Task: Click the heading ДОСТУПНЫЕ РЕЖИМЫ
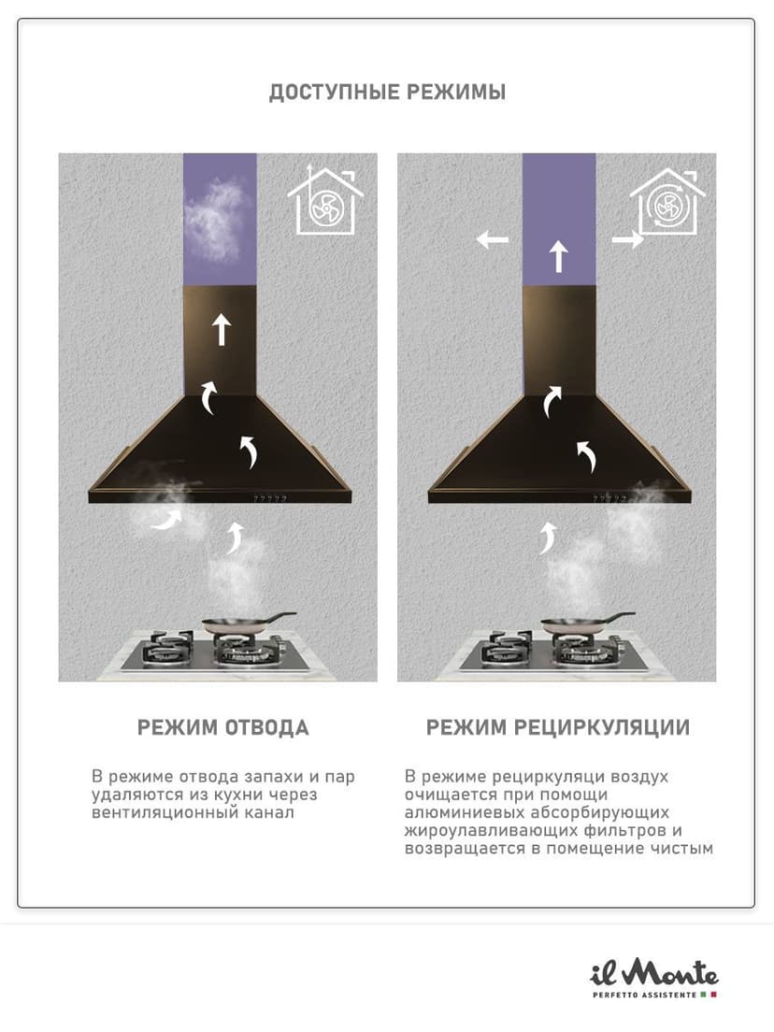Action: [387, 92]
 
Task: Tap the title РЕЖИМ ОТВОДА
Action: [223, 727]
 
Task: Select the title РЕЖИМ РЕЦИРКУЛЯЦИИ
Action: [557, 727]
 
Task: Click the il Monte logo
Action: [653, 973]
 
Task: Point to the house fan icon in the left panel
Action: [325, 200]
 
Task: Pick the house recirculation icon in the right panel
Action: [666, 201]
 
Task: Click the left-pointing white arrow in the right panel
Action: [493, 239]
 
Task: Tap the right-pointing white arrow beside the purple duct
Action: [628, 239]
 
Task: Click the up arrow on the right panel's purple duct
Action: [558, 257]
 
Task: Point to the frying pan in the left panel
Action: [247, 622]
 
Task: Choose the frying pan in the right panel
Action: [586, 622]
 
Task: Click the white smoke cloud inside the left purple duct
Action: [213, 219]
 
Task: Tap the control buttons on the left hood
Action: [270, 499]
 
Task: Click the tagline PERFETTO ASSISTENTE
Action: [644, 995]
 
